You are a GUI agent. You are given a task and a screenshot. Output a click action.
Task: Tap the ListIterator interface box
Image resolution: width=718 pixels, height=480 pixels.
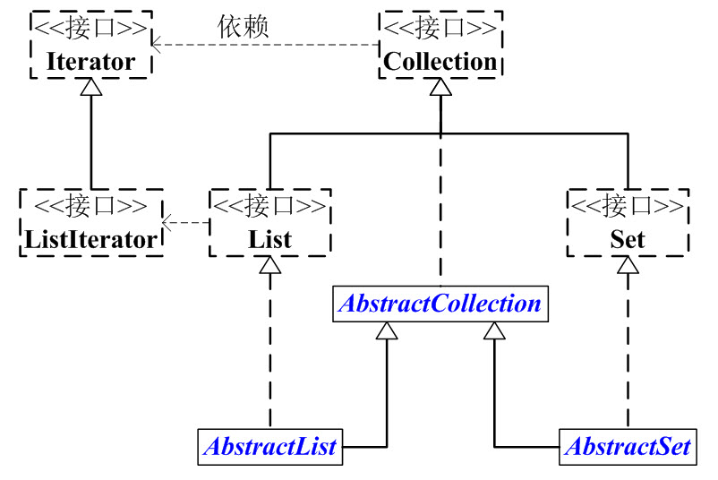pos(90,223)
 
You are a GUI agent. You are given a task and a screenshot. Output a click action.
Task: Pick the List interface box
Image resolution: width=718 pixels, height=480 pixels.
pos(269,223)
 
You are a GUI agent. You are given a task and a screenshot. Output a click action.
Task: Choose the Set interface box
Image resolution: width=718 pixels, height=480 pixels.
pos(628,223)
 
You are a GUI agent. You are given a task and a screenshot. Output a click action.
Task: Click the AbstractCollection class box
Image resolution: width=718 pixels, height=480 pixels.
pos(439,304)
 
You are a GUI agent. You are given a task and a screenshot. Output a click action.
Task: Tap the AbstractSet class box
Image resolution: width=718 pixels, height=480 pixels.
pos(628,446)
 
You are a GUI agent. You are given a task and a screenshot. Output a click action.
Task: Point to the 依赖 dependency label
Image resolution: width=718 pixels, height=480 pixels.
pos(243,26)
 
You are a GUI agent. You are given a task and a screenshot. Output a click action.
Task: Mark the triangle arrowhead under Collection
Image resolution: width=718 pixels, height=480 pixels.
pos(440,88)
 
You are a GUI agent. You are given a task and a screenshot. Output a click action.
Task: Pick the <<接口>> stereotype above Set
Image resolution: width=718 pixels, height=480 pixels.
pos(628,205)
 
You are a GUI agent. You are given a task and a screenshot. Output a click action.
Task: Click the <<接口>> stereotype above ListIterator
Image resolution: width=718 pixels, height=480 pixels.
pos(90,205)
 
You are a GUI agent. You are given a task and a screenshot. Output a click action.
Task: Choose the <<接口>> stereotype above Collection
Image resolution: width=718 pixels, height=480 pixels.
pos(440,27)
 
